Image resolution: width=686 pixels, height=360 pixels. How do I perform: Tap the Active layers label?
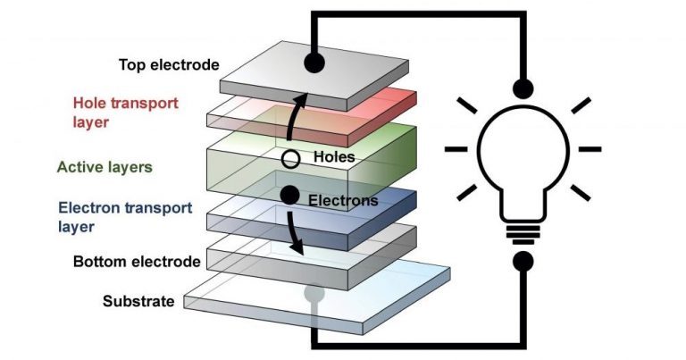coord(105,166)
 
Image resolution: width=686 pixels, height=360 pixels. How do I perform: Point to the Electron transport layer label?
coord(124,215)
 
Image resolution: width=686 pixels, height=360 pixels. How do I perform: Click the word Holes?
coord(334,157)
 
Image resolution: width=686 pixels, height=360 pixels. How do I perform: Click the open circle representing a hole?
coord(289,160)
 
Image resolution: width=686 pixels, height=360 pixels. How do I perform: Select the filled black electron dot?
coord(289,194)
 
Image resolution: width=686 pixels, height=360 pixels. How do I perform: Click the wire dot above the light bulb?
coord(522,88)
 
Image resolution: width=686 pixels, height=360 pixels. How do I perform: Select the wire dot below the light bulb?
coord(522,262)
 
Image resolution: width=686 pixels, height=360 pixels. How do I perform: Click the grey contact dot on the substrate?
coord(313,293)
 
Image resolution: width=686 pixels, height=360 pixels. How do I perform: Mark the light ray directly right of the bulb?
coord(589,148)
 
